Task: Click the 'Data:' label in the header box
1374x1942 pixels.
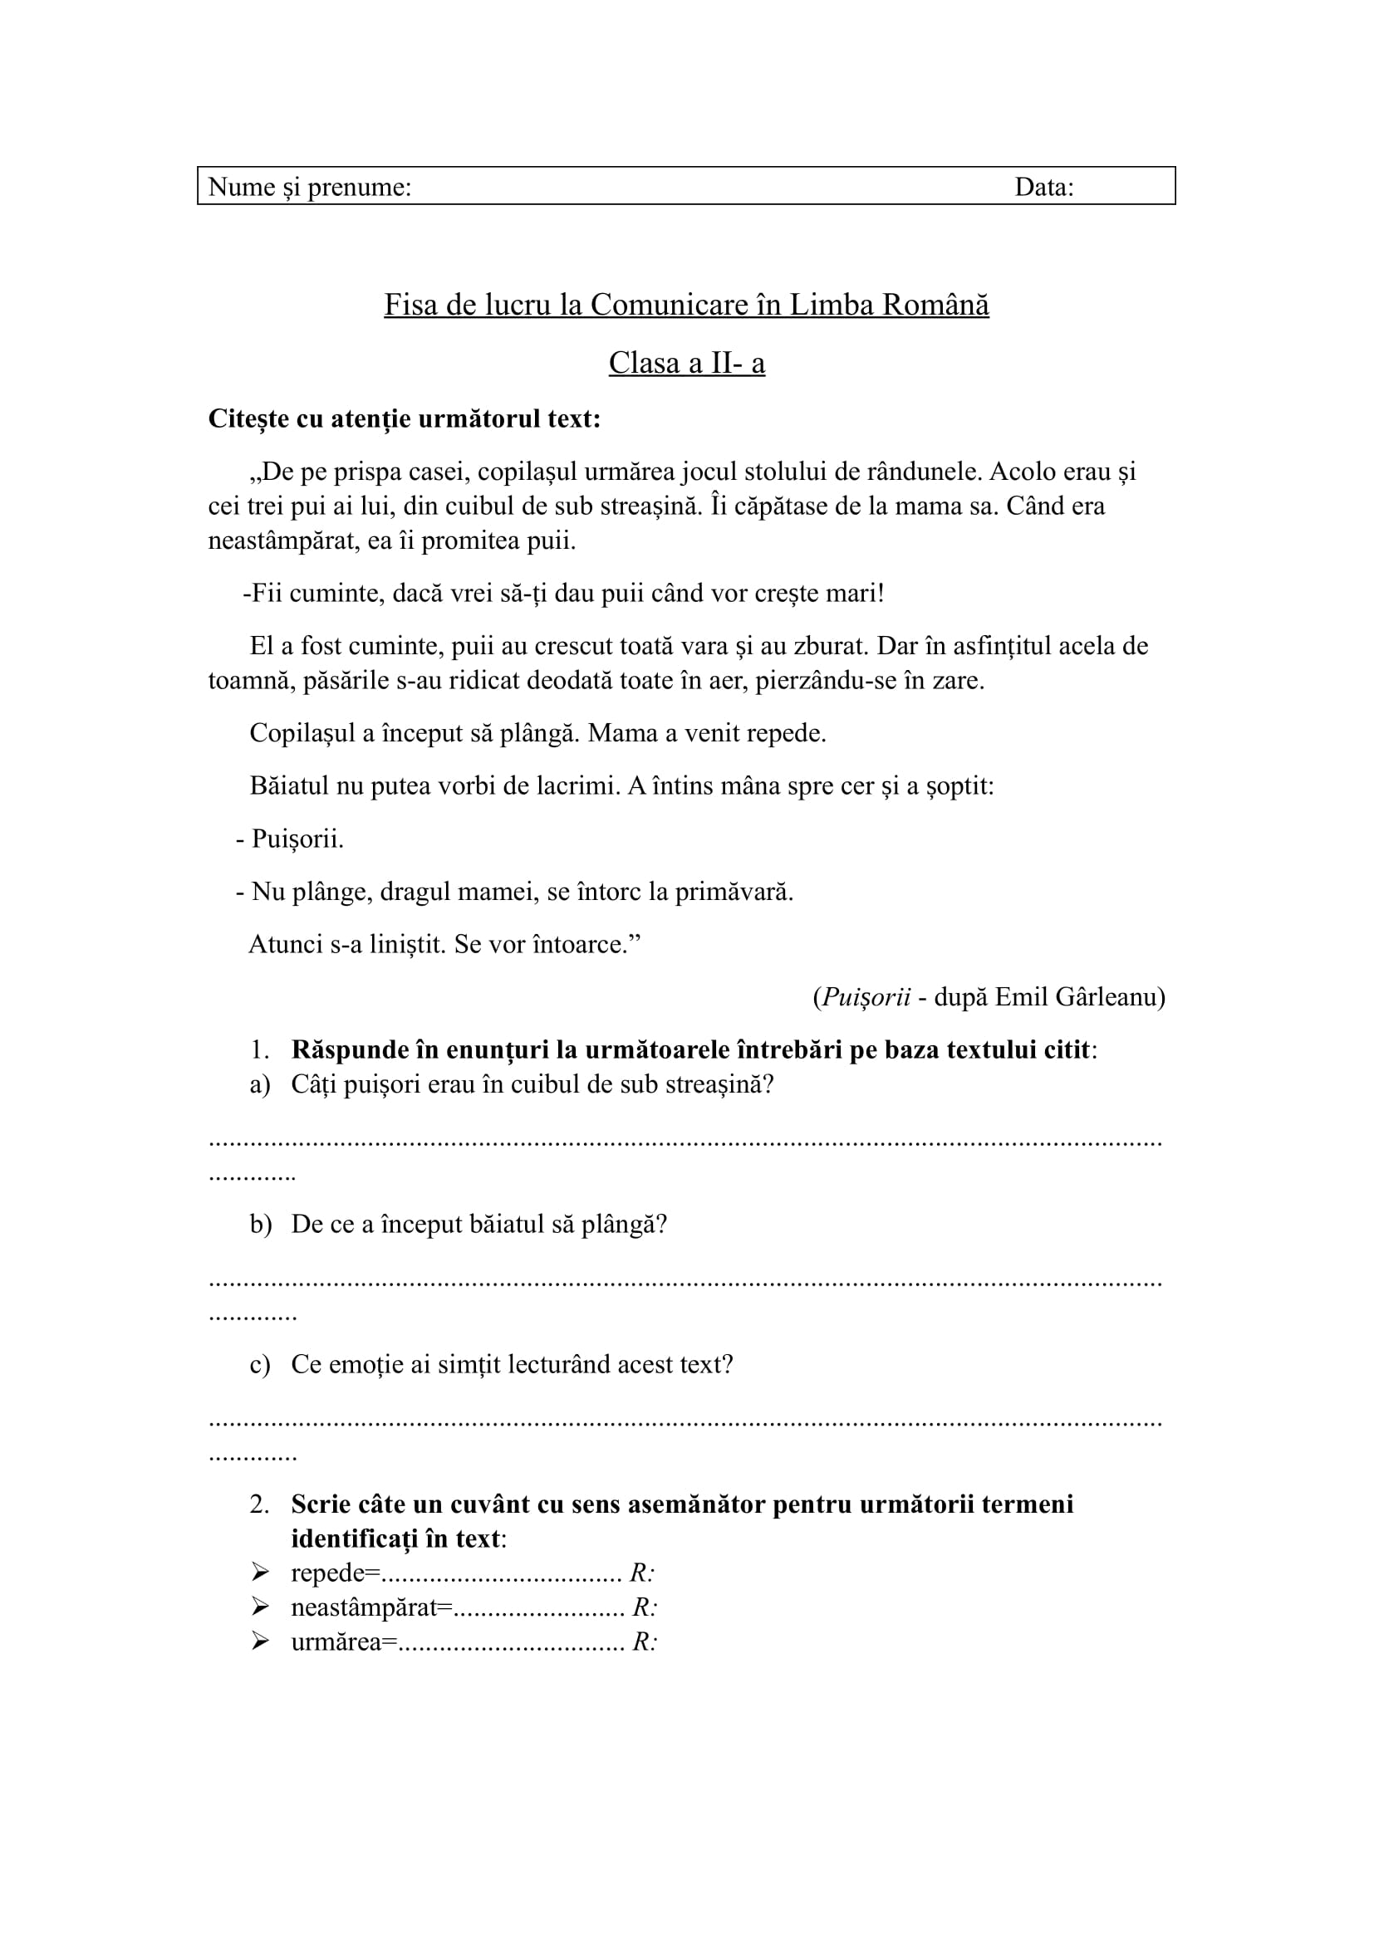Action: click(1043, 187)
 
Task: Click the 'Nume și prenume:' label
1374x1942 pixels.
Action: click(310, 187)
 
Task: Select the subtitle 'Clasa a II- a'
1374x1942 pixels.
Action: click(686, 363)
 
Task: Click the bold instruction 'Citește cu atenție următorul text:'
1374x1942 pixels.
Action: click(404, 418)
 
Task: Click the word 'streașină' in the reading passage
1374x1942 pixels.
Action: click(650, 506)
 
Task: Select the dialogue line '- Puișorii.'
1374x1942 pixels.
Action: click(290, 839)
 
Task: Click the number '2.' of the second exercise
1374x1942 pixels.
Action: click(259, 1504)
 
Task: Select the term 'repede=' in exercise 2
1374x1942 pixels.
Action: click(336, 1573)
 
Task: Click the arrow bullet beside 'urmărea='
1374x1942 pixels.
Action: click(260, 1641)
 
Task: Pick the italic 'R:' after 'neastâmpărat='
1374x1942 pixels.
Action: click(645, 1607)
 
